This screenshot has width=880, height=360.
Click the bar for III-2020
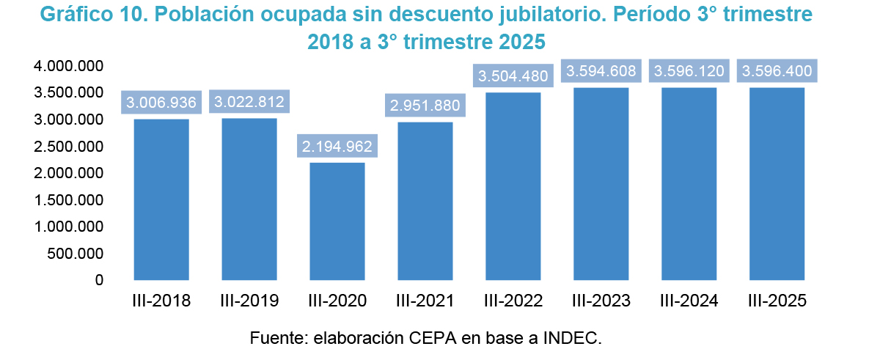337,221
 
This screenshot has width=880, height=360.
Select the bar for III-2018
161,199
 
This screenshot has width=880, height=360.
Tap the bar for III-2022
513,186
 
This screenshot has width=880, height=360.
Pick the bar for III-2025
777,184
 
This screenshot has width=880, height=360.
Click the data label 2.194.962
337,147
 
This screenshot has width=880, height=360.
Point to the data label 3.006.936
161,103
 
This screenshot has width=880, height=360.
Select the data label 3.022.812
249,102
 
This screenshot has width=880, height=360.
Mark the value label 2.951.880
425,106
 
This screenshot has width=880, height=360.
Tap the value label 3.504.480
513,76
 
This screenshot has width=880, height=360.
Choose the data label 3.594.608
601,71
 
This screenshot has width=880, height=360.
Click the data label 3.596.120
689,71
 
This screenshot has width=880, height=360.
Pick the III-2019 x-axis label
249,301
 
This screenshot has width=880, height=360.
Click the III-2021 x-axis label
425,301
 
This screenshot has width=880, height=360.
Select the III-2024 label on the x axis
689,301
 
